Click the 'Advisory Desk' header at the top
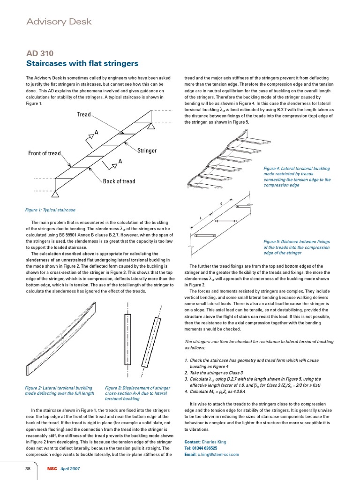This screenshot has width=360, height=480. point(59,22)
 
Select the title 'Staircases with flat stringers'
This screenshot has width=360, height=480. point(82,63)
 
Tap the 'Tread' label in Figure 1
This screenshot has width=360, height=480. point(83,114)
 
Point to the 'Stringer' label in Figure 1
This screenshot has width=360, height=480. point(147,150)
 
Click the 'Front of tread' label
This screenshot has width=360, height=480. point(45,153)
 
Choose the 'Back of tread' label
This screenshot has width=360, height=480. point(119,181)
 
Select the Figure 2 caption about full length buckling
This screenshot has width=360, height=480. point(59,391)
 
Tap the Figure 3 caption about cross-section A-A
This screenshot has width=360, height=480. point(137,393)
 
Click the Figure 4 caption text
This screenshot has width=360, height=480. point(297,177)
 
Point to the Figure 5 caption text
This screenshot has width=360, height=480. point(297,247)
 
